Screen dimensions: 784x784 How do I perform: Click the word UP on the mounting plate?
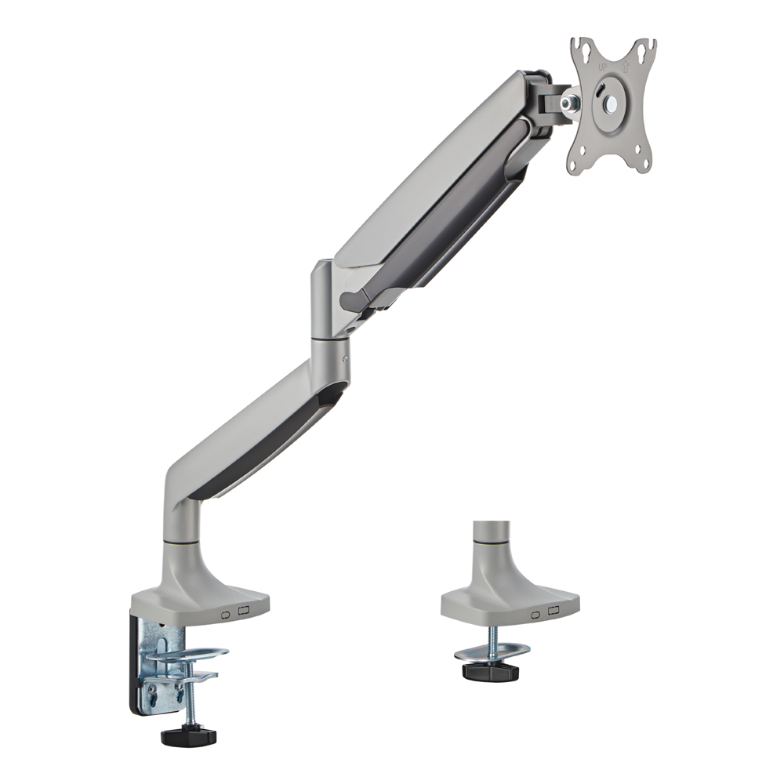coord(602,67)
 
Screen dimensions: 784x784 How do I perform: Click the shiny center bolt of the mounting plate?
coord(611,103)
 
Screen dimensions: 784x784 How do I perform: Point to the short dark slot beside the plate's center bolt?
coord(598,93)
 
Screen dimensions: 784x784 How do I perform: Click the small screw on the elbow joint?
coord(344,358)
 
